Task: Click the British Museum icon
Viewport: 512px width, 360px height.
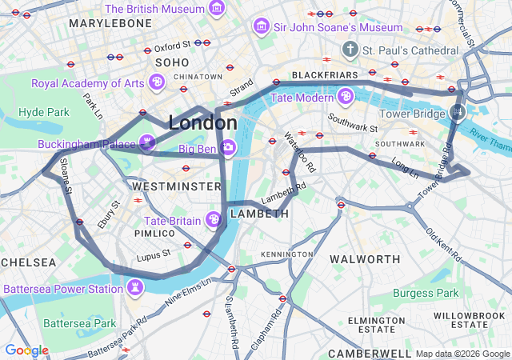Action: point(216,8)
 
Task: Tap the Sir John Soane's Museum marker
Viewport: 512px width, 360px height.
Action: point(261,27)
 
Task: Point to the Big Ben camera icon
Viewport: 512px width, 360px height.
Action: point(228,147)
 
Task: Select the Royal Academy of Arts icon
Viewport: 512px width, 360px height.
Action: point(158,82)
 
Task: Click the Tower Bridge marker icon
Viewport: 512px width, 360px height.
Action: point(457,113)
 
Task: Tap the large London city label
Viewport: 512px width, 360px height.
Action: point(202,123)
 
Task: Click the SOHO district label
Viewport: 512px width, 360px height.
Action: point(172,62)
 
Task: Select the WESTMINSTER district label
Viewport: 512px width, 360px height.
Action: point(176,186)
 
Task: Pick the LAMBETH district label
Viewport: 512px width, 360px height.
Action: point(259,214)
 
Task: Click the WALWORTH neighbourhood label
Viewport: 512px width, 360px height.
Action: point(365,259)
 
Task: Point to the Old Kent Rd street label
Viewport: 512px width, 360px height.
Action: point(445,245)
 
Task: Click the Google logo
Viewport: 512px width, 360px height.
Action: point(26,350)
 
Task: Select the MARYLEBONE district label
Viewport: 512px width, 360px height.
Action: point(110,23)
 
